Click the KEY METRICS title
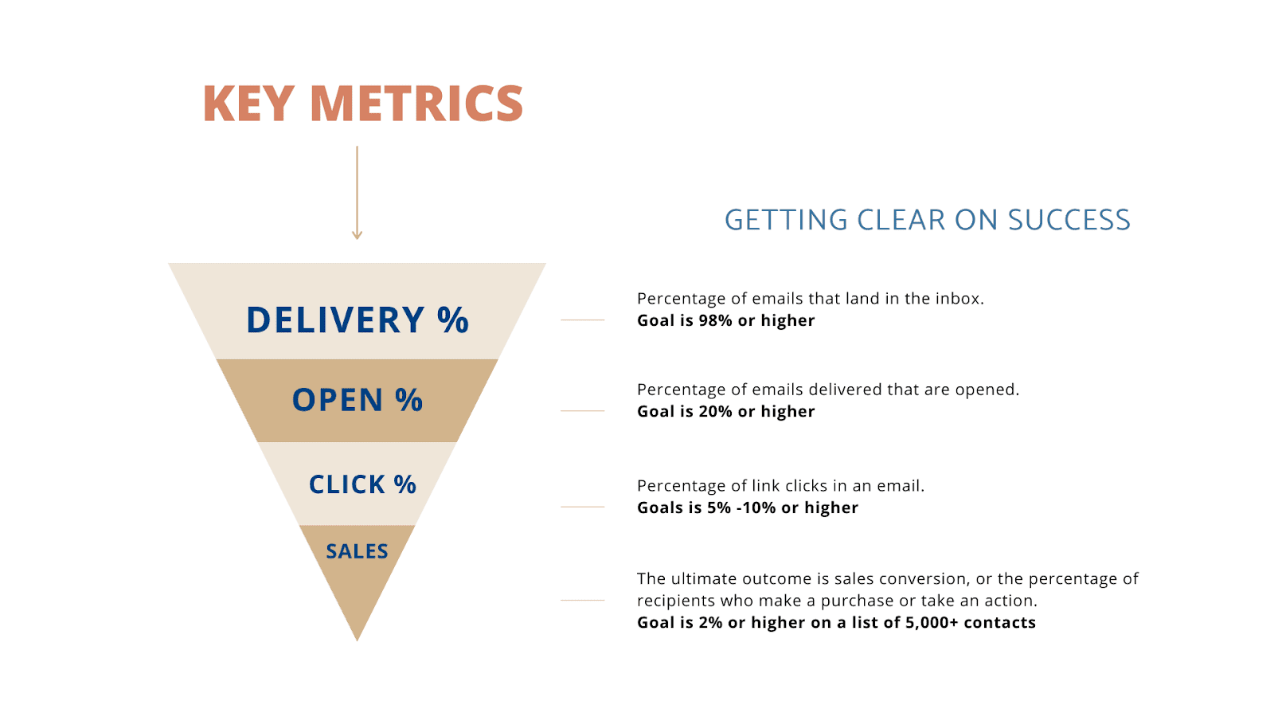pyautogui.click(x=363, y=103)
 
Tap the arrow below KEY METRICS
pyautogui.click(x=358, y=193)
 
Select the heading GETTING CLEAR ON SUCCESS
pyautogui.click(x=927, y=220)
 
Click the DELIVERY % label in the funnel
pyautogui.click(x=358, y=319)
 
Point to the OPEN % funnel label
pyautogui.click(x=358, y=399)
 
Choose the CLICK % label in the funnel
pyautogui.click(x=362, y=484)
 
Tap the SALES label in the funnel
pyautogui.click(x=358, y=550)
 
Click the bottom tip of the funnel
pyautogui.click(x=358, y=641)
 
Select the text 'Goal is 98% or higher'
pyautogui.click(x=725, y=320)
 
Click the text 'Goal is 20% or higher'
pyautogui.click(x=725, y=411)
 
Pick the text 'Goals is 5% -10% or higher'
pyautogui.click(x=748, y=507)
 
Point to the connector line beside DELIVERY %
pyautogui.click(x=582, y=319)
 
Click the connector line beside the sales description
pyautogui.click(x=582, y=600)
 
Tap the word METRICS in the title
pyautogui.click(x=417, y=103)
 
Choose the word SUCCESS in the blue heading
pyautogui.click(x=1069, y=220)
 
